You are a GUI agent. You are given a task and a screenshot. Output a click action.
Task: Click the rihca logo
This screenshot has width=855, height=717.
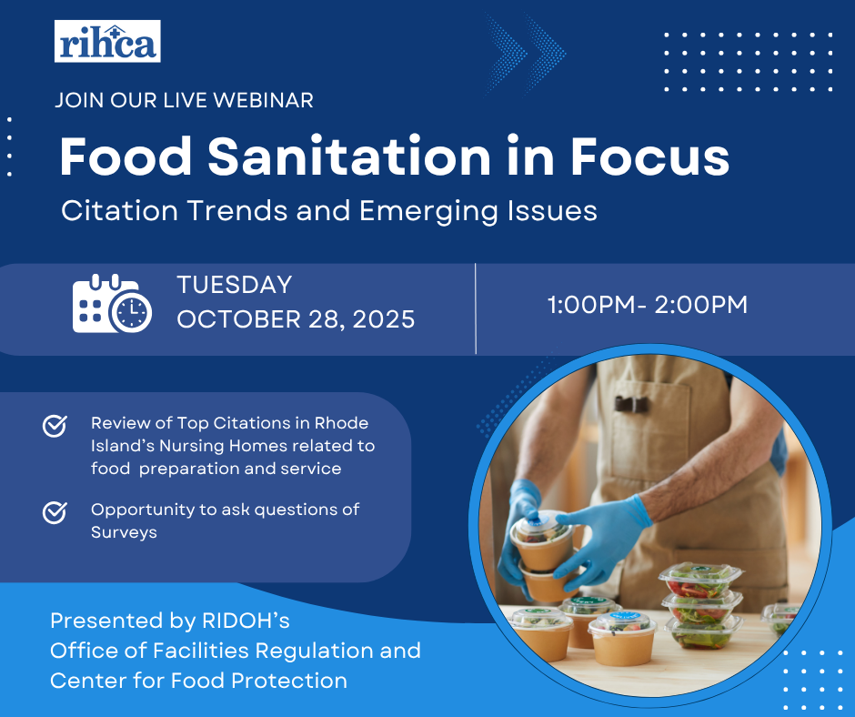[107, 41]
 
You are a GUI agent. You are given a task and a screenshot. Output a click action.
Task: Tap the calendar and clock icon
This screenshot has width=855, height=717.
[112, 303]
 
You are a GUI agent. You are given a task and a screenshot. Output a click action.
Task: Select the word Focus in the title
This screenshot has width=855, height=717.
[650, 157]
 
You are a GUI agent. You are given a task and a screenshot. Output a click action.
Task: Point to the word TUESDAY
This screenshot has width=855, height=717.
[235, 285]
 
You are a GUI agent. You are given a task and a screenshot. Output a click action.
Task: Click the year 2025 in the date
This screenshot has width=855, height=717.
[384, 319]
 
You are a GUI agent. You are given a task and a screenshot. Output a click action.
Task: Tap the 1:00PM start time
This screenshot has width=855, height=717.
[591, 305]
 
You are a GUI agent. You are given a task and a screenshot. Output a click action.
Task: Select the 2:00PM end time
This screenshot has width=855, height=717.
[700, 305]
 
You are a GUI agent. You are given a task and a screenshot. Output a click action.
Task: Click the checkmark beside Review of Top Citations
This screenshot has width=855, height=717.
[55, 426]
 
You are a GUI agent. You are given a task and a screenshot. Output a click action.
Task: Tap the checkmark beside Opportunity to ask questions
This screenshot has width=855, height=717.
[55, 512]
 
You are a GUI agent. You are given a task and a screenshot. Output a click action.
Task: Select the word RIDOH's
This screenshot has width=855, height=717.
[246, 621]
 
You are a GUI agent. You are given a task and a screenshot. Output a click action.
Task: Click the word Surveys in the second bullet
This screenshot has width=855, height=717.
[124, 532]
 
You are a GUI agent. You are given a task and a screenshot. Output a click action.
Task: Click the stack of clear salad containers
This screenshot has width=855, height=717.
[700, 605]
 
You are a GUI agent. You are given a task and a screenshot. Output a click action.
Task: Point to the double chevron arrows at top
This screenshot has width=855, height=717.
[525, 54]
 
